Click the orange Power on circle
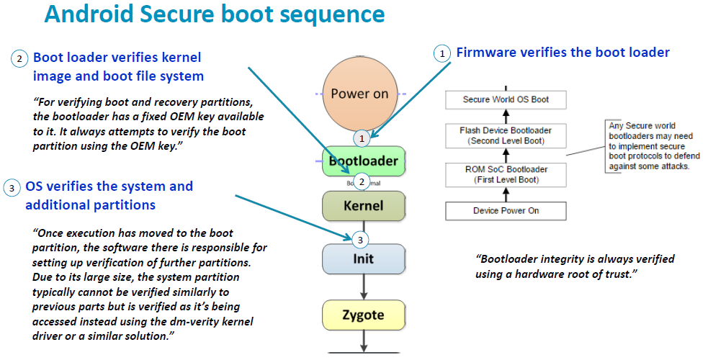click(359, 94)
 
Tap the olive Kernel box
click(364, 206)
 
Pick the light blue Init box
click(364, 258)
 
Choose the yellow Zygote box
click(364, 315)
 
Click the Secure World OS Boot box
click(506, 99)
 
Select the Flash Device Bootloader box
click(506, 135)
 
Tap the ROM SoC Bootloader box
click(506, 174)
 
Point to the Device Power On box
click(506, 211)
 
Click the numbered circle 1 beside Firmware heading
click(441, 53)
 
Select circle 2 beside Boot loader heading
click(19, 59)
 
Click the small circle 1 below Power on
click(363, 137)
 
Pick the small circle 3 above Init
click(363, 239)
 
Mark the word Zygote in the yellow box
click(364, 315)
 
